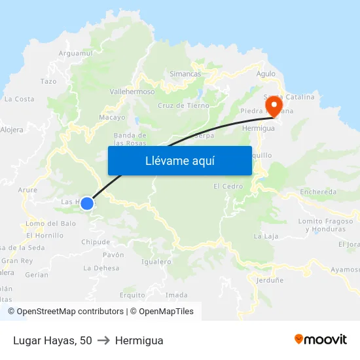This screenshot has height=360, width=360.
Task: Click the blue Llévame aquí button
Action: tap(179, 160)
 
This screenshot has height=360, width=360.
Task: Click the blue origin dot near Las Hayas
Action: tap(86, 203)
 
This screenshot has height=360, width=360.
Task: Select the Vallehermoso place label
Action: tap(132, 92)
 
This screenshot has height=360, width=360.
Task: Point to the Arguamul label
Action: tap(77, 53)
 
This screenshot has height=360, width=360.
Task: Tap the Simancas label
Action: tap(185, 74)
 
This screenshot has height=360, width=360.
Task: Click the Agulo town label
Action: tap(266, 74)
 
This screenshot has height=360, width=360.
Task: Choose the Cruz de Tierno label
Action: tap(183, 105)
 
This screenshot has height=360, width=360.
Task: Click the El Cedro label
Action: tap(228, 187)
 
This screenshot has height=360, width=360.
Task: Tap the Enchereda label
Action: tap(318, 192)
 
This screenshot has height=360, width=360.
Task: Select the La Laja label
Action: tap(266, 236)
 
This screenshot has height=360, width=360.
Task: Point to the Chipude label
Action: tap(96, 242)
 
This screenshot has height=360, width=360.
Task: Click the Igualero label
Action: tap(156, 262)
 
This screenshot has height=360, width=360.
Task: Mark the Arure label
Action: tap(28, 190)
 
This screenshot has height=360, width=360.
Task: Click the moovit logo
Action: tap(321, 340)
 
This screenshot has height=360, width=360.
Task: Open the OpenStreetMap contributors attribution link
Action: tap(65, 312)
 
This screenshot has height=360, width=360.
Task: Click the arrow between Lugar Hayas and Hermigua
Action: tap(103, 340)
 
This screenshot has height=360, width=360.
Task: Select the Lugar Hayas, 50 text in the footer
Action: tap(52, 340)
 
